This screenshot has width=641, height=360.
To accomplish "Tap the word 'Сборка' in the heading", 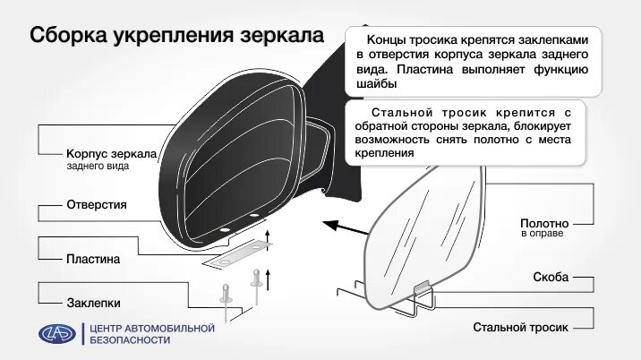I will coord(69,37).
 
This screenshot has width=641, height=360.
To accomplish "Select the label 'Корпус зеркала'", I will coord(112,154).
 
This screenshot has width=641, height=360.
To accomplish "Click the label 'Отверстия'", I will coord(97,205).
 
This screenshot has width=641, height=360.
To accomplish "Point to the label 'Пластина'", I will coord(93,259).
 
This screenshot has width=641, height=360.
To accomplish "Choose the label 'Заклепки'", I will coord(93,303).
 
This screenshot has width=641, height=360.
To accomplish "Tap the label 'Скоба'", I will coord(551,278).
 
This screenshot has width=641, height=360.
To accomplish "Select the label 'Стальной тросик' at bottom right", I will coord(521,328).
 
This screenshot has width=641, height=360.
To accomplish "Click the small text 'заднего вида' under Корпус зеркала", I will coord(98,167).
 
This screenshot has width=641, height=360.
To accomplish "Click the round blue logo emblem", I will coord(58,334).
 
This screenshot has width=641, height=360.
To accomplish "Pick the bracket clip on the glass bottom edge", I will coord(423,289).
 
